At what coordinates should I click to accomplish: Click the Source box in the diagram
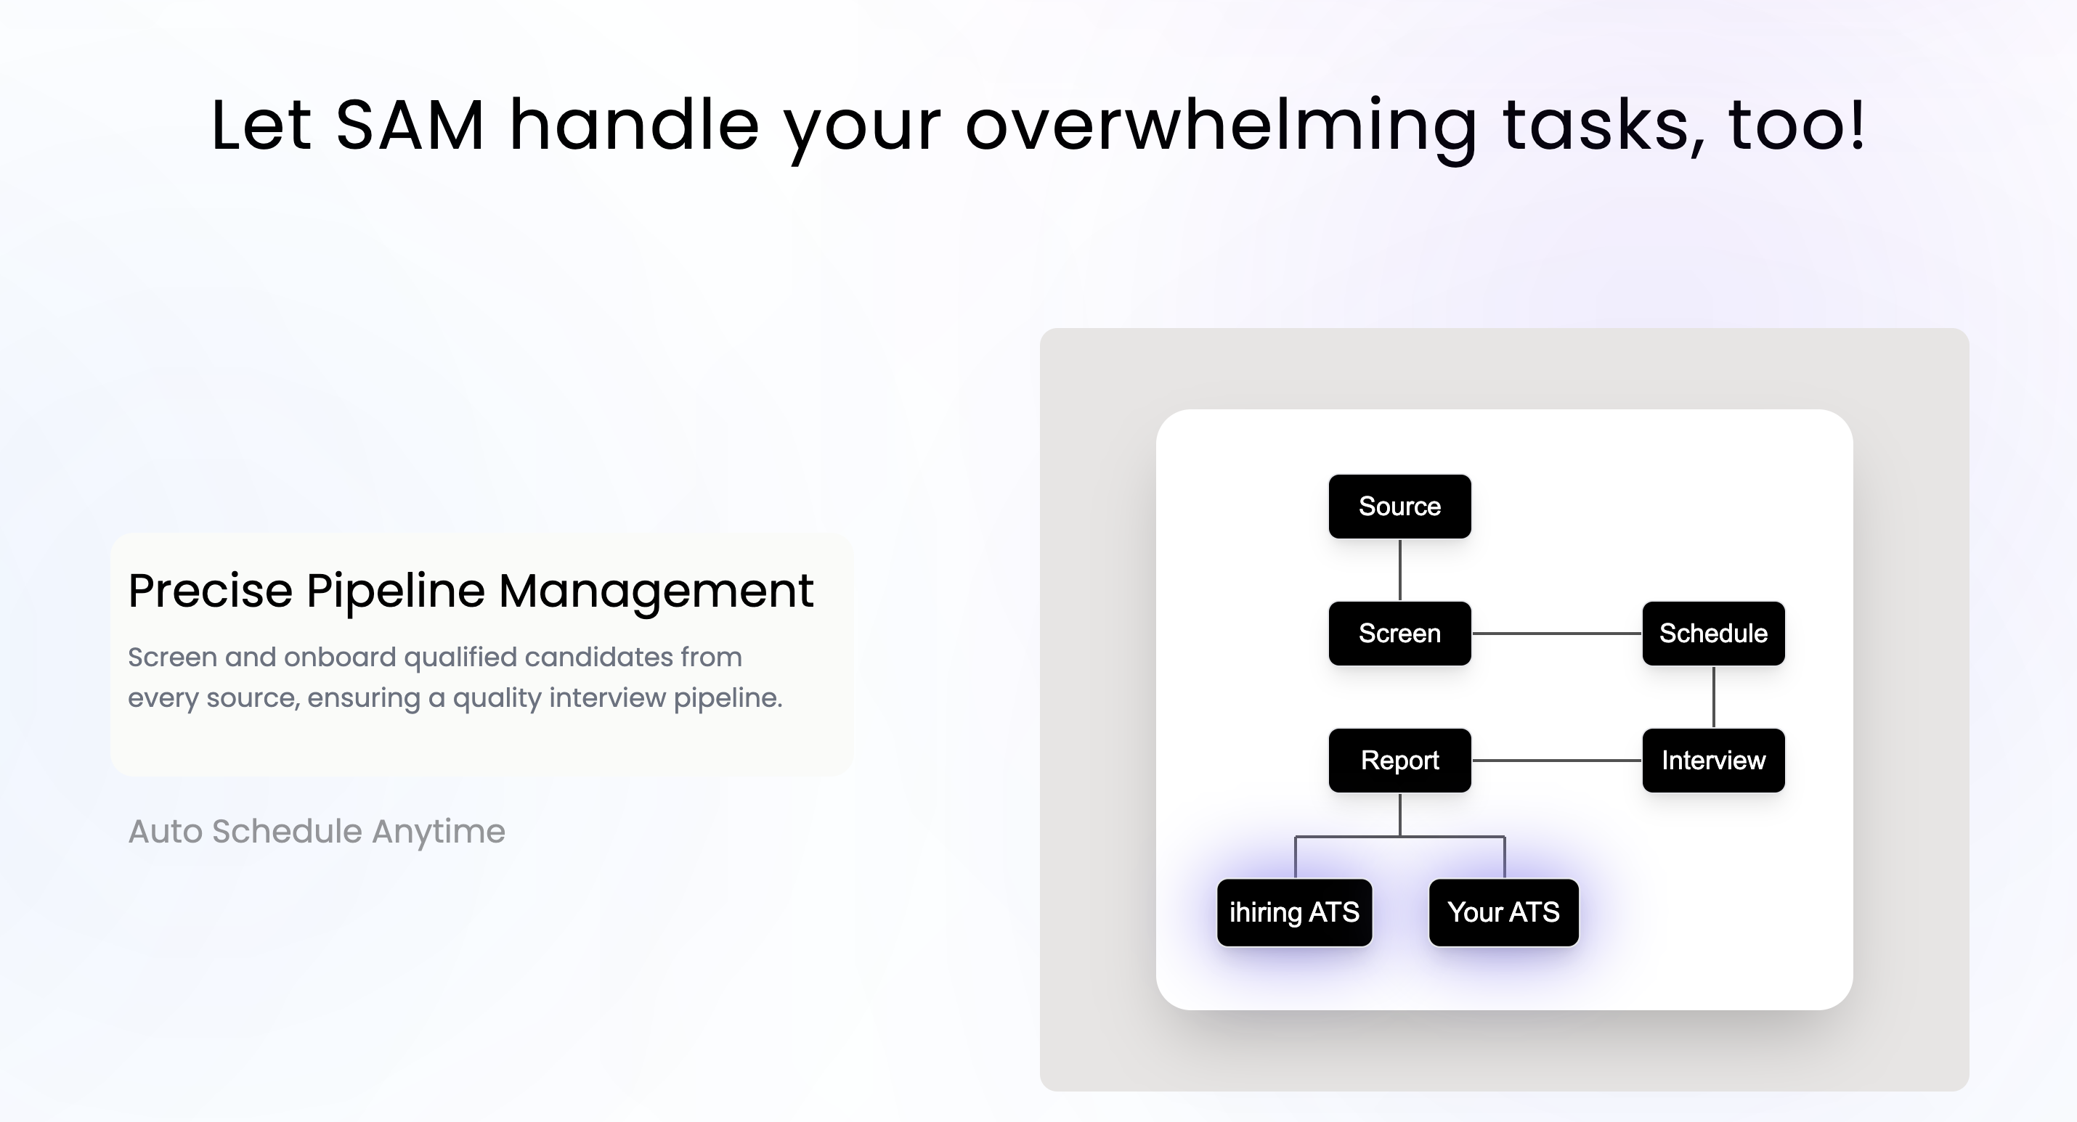(1399, 506)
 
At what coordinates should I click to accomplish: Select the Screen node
(1399, 634)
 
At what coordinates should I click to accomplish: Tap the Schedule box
(1713, 634)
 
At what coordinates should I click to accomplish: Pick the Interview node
(1713, 760)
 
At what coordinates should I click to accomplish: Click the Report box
(1399, 760)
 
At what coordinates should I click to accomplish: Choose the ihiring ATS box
(1294, 912)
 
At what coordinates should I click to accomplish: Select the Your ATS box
(1504, 912)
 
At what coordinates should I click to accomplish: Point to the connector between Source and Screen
(1399, 570)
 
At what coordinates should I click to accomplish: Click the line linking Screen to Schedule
(1557, 634)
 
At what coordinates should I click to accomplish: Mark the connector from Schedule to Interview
(1713, 697)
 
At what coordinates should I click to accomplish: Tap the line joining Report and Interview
(1557, 760)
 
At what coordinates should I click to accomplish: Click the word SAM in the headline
(410, 125)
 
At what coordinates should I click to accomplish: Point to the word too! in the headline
(1797, 125)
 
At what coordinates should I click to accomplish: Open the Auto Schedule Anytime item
(317, 831)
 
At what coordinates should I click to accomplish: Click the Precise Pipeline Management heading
(471, 591)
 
